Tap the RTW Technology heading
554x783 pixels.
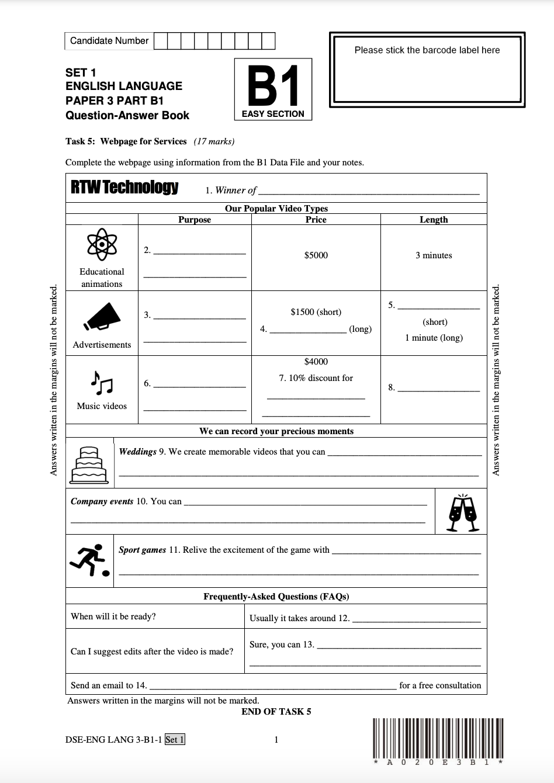[x=124, y=188]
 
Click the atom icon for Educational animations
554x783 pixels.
[x=102, y=245]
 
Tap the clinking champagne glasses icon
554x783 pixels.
[x=462, y=512]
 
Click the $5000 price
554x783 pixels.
[x=316, y=255]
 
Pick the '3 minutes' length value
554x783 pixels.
[x=434, y=255]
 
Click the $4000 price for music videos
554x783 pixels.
[x=316, y=362]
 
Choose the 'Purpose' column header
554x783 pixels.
[x=195, y=220]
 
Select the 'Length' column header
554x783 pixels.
[x=434, y=220]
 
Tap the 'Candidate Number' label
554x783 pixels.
[x=109, y=41]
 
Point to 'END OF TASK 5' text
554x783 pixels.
[x=276, y=711]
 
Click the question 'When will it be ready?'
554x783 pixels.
[x=113, y=616]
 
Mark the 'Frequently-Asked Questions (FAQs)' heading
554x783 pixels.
[x=276, y=597]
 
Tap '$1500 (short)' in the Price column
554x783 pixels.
[x=316, y=312]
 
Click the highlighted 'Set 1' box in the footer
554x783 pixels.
[x=175, y=740]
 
